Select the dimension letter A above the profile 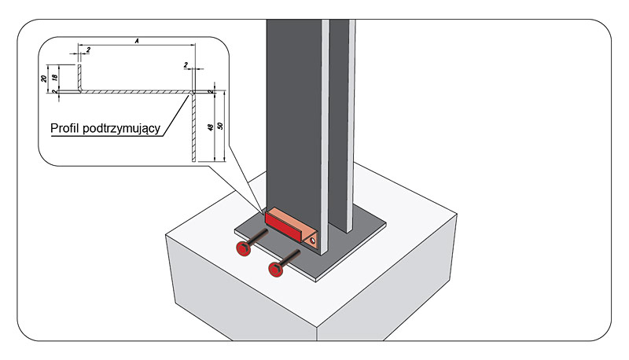tap(136, 41)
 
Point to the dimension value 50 tap(221, 125)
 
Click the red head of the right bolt tap(276, 269)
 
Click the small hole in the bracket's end tap(312, 240)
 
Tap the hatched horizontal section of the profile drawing tap(134, 92)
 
